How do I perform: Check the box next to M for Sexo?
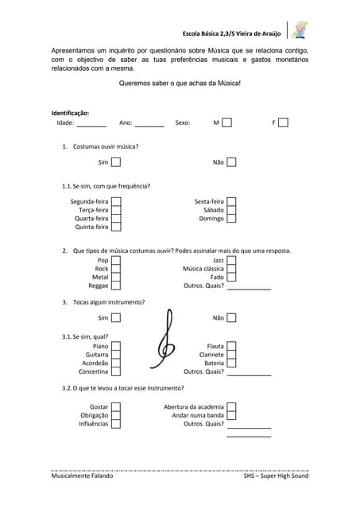coord(227,123)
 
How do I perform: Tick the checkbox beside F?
coord(283,123)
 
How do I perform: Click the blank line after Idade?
coord(91,124)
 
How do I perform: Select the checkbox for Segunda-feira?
coord(116,202)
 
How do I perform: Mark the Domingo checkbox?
coord(232,218)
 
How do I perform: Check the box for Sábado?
coord(232,210)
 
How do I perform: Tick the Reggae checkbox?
coord(116,286)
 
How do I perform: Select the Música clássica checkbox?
coord(232,269)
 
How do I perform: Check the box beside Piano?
coord(116,347)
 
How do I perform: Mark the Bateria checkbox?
coord(232,363)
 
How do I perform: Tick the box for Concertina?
coord(116,371)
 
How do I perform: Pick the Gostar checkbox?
coord(116,407)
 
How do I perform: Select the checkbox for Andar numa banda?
coord(232,415)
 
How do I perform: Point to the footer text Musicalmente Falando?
coord(82,476)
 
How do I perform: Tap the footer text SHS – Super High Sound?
coord(276,476)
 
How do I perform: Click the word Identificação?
coord(70,113)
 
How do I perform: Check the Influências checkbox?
coord(116,424)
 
